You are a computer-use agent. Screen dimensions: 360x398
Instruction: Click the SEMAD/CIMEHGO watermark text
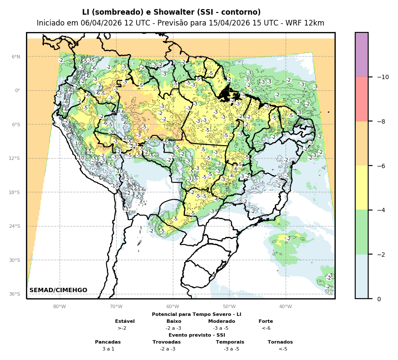pyautogui.click(x=58, y=290)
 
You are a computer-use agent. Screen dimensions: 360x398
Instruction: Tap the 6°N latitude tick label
pyautogui.click(x=16, y=57)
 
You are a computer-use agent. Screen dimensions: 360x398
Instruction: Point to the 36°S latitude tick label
pyautogui.click(x=15, y=294)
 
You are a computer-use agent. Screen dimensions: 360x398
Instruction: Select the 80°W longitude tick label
pyautogui.click(x=60, y=306)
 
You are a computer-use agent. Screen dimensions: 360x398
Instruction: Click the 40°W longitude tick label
pyautogui.click(x=286, y=306)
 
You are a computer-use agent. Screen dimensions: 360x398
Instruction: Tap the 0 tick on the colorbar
pyautogui.click(x=379, y=299)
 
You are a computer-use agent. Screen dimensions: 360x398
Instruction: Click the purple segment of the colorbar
pyautogui.click(x=362, y=54)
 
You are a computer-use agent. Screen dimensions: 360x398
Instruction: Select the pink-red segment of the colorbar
pyautogui.click(x=362, y=99)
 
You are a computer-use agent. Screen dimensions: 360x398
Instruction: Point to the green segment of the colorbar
pyautogui.click(x=362, y=232)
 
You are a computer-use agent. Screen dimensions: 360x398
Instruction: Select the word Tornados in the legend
pyautogui.click(x=280, y=342)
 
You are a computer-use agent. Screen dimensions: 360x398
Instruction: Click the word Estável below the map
pyautogui.click(x=125, y=321)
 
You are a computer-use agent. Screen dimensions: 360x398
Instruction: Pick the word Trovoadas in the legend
pyautogui.click(x=166, y=342)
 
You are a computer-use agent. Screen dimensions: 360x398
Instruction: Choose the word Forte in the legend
pyautogui.click(x=266, y=321)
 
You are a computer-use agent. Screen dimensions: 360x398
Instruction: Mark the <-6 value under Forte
pyautogui.click(x=266, y=328)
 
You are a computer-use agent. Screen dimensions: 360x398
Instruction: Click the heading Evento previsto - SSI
pyautogui.click(x=197, y=335)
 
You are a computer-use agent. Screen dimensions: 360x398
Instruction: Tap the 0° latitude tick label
pyautogui.click(x=18, y=91)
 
